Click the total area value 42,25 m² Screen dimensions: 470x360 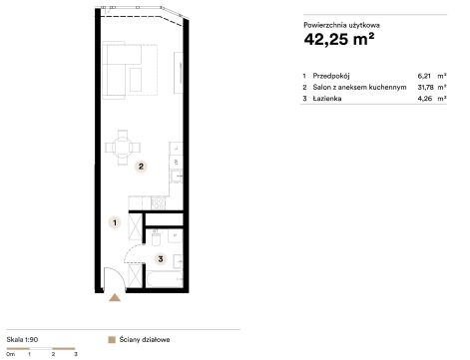pos(339,39)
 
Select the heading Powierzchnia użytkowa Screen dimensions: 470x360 pos(341,25)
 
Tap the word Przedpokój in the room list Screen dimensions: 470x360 pos(331,76)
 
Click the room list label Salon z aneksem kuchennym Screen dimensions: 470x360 pos(359,87)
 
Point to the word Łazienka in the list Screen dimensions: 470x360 pos(327,99)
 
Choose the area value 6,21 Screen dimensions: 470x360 pos(424,76)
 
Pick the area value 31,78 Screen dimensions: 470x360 pos(425,87)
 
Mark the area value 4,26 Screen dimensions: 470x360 pos(425,99)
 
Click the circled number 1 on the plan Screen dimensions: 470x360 pos(115,222)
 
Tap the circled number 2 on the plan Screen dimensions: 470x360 pos(141,167)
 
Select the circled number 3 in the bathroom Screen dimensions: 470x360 pos(161,259)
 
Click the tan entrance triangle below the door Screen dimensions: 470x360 pos(115,297)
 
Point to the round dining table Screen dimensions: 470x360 pos(123,148)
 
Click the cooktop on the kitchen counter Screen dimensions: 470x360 pos(158,203)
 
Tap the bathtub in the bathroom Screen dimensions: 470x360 pos(165,279)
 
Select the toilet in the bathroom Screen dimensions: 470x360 pos(156,237)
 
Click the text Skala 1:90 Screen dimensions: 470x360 pos(22,339)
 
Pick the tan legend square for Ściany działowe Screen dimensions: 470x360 pos(112,339)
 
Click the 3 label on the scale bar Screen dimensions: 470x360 pos(76,354)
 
